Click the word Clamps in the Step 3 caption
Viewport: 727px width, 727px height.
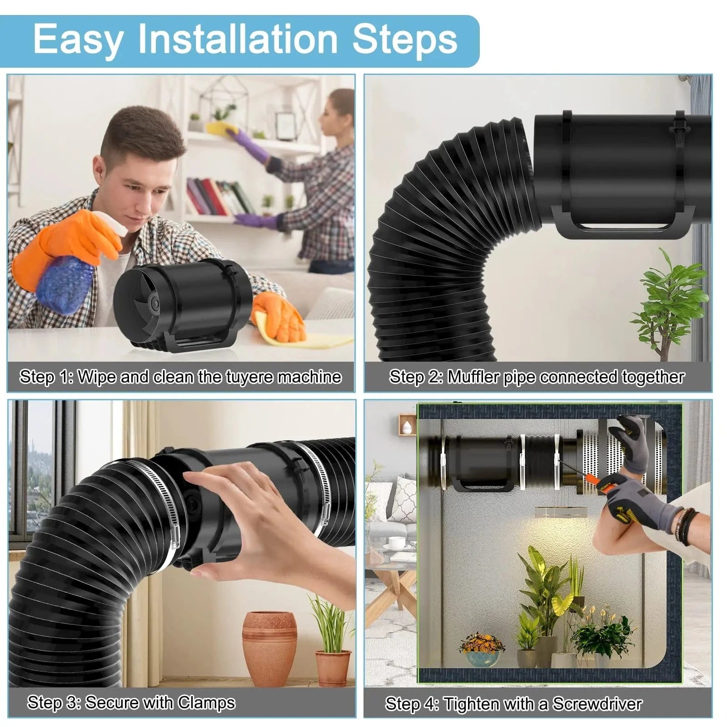click(x=206, y=702)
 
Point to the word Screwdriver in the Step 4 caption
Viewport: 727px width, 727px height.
click(x=597, y=704)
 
